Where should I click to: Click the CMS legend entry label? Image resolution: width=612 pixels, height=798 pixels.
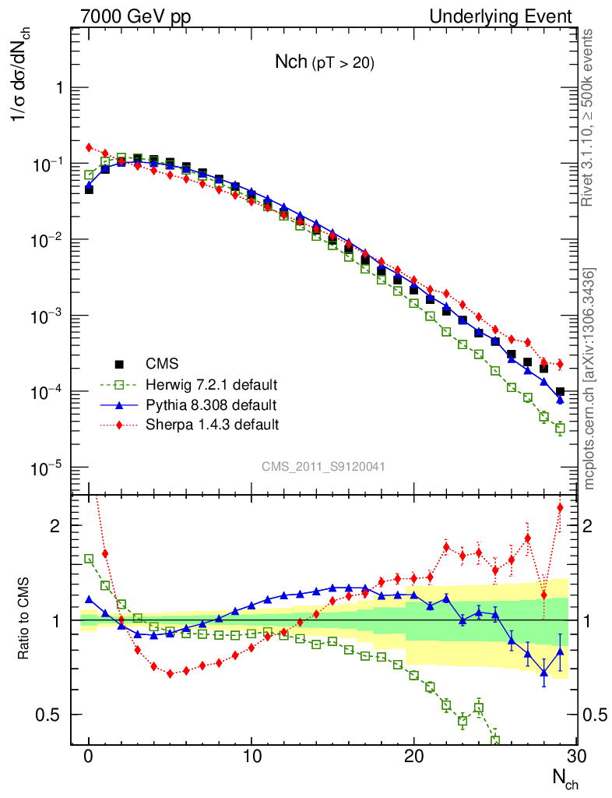[162, 363]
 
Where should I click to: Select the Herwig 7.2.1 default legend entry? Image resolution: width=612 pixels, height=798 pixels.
[212, 385]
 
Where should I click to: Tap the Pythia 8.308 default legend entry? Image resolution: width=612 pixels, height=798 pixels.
[211, 405]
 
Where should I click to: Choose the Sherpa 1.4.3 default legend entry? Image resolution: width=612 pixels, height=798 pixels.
[213, 425]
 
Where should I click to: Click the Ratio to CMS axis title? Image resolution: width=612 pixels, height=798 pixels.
[24, 620]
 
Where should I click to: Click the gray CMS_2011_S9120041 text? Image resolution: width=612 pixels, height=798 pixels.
[323, 466]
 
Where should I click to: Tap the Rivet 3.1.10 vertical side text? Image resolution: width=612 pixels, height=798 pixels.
[589, 117]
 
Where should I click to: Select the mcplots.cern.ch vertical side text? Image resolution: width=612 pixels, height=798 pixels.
[589, 378]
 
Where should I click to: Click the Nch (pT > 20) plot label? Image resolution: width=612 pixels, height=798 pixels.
[325, 63]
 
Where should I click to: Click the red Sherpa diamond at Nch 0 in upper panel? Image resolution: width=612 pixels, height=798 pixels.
[89, 147]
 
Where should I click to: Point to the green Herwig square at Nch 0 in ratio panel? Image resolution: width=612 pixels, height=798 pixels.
[89, 559]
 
